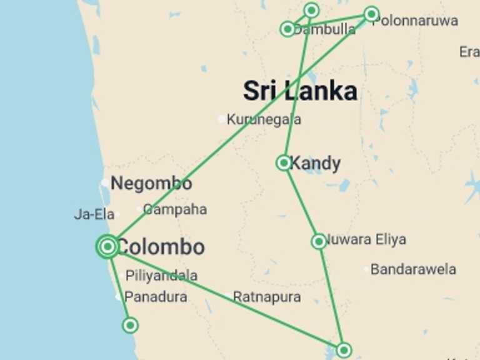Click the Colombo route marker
pyautogui.click(x=108, y=246)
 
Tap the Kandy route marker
pyautogui.click(x=284, y=163)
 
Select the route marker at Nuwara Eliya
pyautogui.click(x=319, y=241)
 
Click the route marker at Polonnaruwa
pyautogui.click(x=371, y=14)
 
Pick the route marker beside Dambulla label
pyautogui.click(x=287, y=29)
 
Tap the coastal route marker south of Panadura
pyautogui.click(x=130, y=325)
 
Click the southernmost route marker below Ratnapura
pyautogui.click(x=343, y=349)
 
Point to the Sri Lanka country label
pyautogui.click(x=300, y=91)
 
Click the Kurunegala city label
pyautogui.click(x=264, y=119)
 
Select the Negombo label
pyautogui.click(x=151, y=184)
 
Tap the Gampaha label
pyautogui.click(x=175, y=209)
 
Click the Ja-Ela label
pyautogui.click(x=94, y=214)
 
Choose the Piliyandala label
pyautogui.click(x=161, y=276)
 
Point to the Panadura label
pyautogui.click(x=156, y=297)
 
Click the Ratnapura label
pyautogui.click(x=267, y=297)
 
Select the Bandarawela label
pyautogui.click(x=413, y=269)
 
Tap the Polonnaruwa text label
pyautogui.click(x=415, y=21)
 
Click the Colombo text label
pyautogui.click(x=161, y=247)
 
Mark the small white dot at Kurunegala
pyautogui.click(x=221, y=119)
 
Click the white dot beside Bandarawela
pyautogui.click(x=367, y=269)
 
